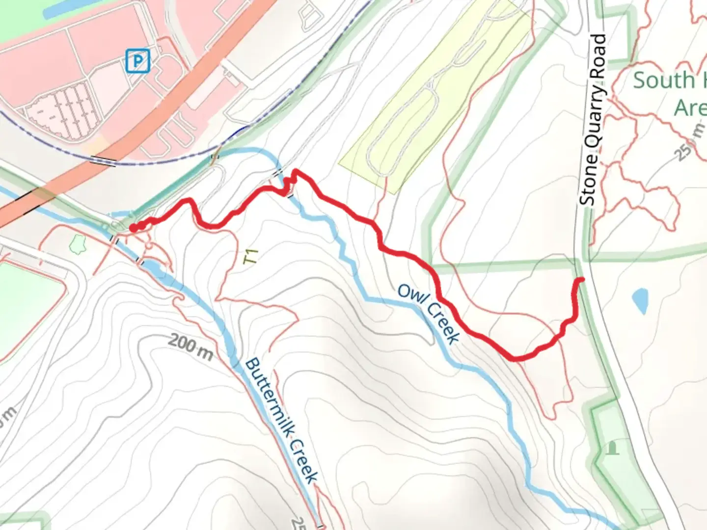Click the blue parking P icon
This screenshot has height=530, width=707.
(138, 61)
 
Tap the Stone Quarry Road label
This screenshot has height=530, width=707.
(593, 120)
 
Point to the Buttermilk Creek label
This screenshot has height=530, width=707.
(281, 421)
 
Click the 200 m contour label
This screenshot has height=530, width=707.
(190, 347)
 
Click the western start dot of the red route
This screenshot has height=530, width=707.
(133, 228)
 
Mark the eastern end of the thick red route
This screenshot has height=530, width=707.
(582, 280)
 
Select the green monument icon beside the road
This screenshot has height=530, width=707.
(612, 448)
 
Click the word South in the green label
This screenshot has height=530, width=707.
(663, 80)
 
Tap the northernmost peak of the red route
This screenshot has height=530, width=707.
(295, 171)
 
